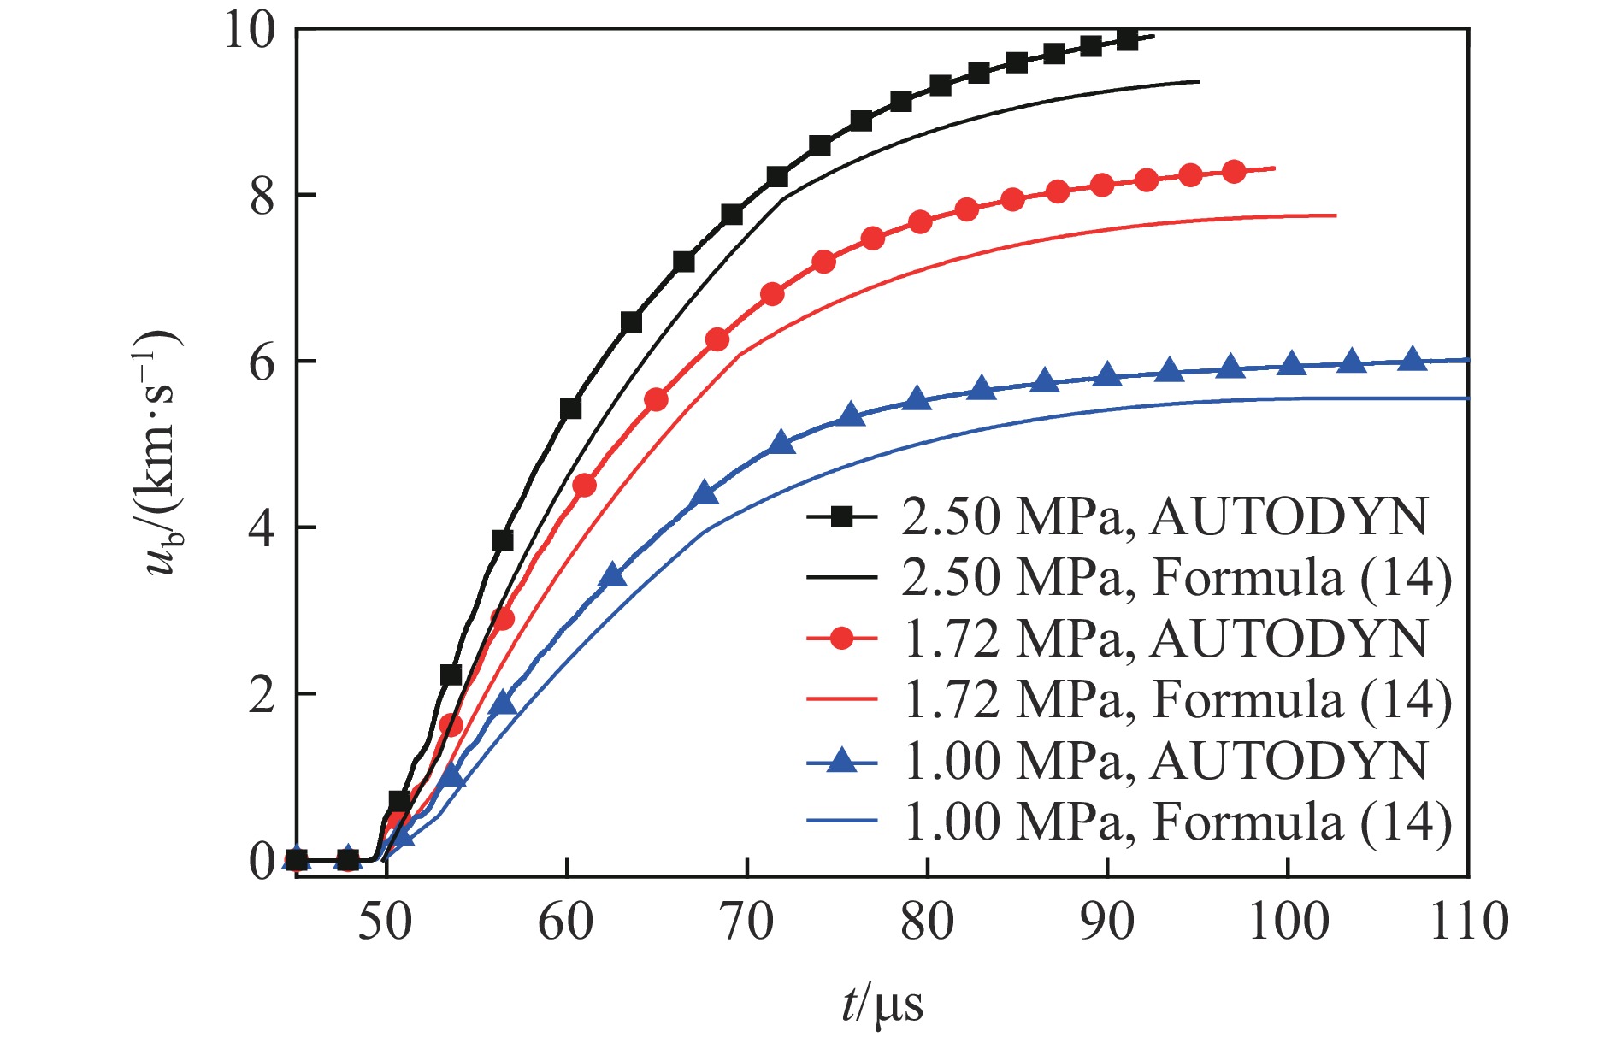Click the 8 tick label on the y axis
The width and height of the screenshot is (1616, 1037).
point(262,196)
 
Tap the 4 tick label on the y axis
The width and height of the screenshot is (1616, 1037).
point(262,528)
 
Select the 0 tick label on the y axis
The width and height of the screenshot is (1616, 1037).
point(262,861)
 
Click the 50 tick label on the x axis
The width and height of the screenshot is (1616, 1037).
point(386,922)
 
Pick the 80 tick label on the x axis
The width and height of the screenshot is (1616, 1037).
point(927,922)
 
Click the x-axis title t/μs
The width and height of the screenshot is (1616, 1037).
point(882,1004)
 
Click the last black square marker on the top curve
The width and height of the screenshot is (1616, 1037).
point(1128,39)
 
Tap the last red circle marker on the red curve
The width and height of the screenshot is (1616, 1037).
point(1234,172)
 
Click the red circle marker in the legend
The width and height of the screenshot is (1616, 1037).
point(842,639)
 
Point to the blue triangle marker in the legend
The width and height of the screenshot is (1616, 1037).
point(842,760)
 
